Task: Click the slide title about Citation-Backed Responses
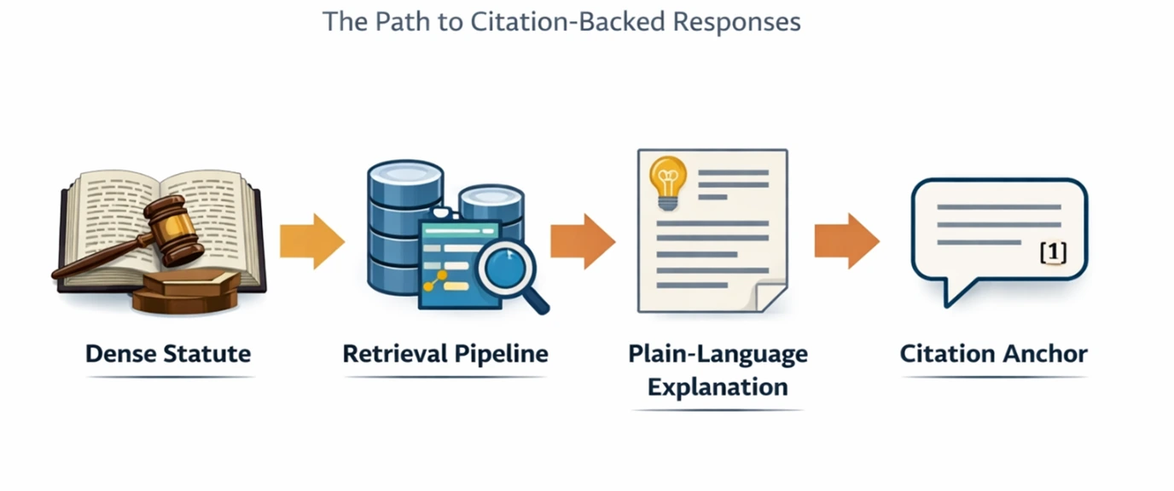coord(561,21)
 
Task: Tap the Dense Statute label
coord(168,353)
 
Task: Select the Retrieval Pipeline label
coord(445,353)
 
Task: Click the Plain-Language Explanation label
coord(718,370)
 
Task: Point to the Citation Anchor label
coord(994,353)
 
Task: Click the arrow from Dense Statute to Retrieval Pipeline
coord(311,241)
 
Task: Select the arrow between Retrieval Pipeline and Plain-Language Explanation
coord(582,241)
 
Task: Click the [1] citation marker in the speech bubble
coord(1054,252)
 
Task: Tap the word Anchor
coord(1046,353)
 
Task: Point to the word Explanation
coord(718,386)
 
